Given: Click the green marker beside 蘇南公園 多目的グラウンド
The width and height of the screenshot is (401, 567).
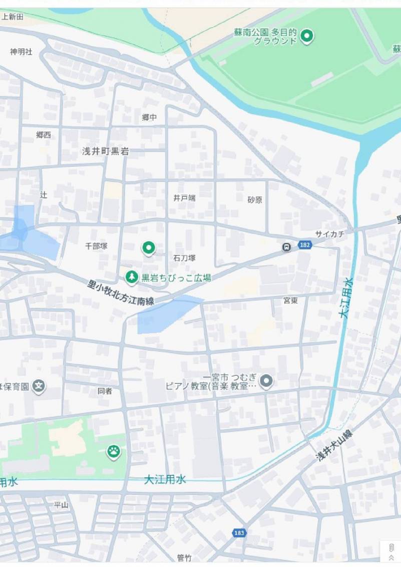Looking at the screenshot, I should (307, 36).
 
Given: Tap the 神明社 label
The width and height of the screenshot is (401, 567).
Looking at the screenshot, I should (21, 52).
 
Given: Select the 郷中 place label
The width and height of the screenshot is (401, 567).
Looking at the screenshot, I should (149, 117).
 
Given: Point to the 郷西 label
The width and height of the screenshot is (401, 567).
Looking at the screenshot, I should (44, 135).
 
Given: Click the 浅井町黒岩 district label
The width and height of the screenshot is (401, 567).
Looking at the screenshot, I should (105, 151).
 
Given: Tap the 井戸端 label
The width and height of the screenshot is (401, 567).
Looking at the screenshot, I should (184, 198).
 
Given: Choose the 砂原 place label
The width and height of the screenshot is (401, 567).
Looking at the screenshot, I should (255, 200).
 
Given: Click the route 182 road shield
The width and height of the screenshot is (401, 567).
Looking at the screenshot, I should (304, 245).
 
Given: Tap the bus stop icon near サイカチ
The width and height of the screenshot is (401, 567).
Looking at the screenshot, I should (286, 247).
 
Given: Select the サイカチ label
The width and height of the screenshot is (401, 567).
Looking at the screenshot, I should (329, 234).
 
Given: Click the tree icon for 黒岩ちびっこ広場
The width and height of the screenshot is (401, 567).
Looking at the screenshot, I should (131, 276).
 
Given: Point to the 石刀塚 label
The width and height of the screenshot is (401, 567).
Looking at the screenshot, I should (184, 258).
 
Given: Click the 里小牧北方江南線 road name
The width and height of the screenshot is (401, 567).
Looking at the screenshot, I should (121, 293).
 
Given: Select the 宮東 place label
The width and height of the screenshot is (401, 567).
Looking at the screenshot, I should (291, 300).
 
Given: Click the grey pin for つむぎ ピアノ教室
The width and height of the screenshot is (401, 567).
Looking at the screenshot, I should (266, 381).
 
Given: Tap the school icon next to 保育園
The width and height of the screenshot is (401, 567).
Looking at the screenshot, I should (39, 386).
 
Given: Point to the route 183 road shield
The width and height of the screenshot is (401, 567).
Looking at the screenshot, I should (239, 532).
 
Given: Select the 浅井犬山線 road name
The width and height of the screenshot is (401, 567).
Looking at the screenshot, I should (334, 445).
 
